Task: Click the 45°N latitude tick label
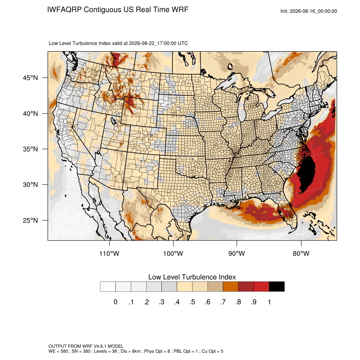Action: (x=30, y=78)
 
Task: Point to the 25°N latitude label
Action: (x=30, y=220)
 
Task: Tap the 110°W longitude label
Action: (x=109, y=253)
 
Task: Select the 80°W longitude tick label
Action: (x=301, y=253)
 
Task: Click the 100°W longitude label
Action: (x=173, y=253)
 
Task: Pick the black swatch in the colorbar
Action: (x=277, y=287)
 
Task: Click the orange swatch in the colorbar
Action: (x=230, y=287)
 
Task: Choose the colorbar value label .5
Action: (x=192, y=302)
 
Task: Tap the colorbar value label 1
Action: (x=269, y=302)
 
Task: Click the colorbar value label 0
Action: (x=116, y=302)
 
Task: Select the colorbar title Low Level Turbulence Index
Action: (x=192, y=277)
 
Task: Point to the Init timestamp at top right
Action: (x=309, y=11)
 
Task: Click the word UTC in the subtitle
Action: (x=183, y=43)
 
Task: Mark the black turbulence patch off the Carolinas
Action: (x=307, y=173)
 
